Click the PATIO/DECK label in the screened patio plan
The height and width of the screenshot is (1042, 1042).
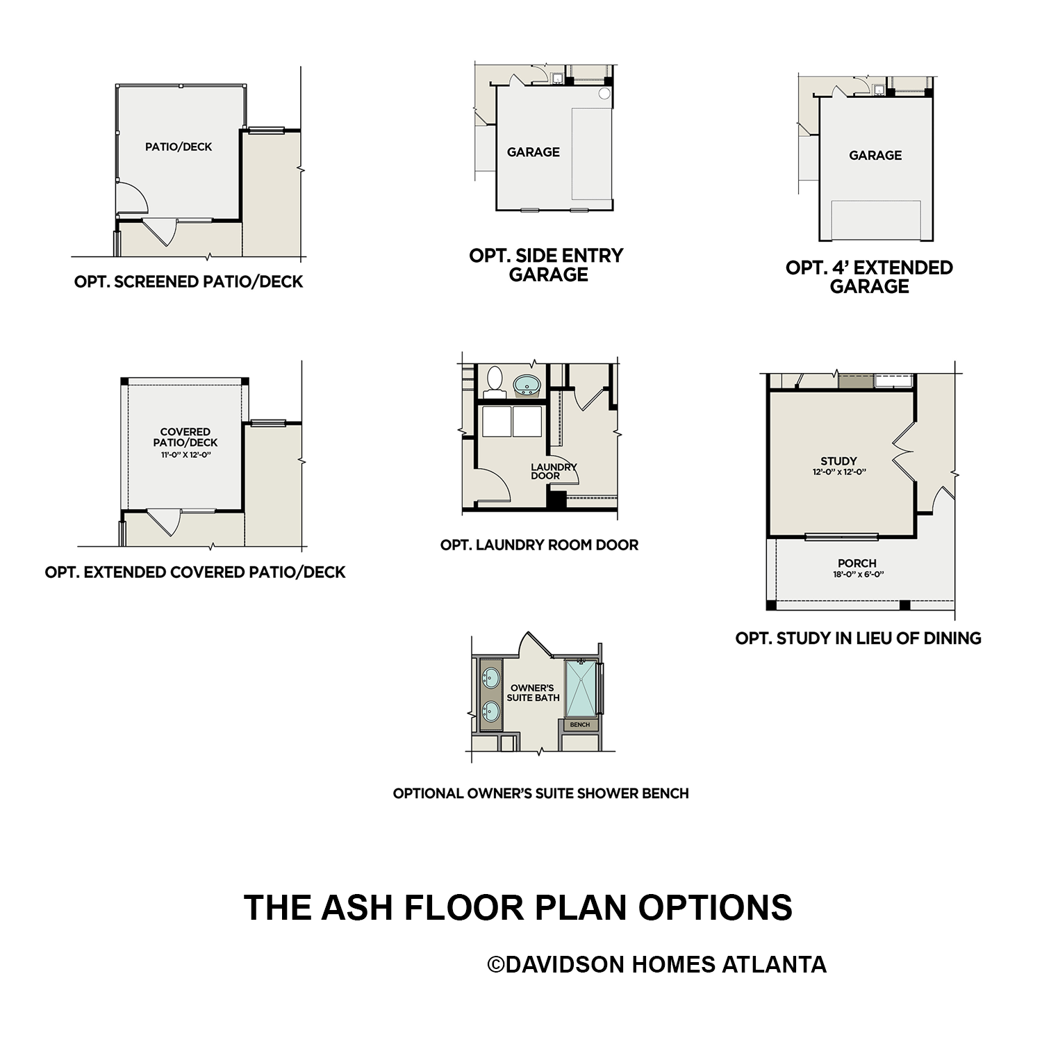coord(179,147)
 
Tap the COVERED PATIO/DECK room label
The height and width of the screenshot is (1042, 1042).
coord(185,437)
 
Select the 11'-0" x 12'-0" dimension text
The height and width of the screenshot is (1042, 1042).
coord(185,455)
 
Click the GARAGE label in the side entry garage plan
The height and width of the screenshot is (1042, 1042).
coord(533,152)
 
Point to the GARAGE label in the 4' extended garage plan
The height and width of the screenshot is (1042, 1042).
coord(875,156)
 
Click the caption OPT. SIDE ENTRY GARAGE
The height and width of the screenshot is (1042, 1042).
coord(547,265)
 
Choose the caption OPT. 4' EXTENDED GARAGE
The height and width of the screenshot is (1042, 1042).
coord(869,277)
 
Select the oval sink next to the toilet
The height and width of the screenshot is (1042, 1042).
coord(527,384)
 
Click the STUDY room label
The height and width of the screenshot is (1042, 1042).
coord(838,461)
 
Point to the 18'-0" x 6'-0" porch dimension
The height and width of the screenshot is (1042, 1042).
coord(858,574)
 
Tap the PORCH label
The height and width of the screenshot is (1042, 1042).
coord(857,563)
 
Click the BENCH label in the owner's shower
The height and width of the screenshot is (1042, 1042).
coord(579,725)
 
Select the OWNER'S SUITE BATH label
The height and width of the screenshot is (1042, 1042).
coord(533,693)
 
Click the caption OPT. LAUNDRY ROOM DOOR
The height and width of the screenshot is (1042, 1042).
coord(539,545)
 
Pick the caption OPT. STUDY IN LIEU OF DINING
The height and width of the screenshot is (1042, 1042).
coord(858,638)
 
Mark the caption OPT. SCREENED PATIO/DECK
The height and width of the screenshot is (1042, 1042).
coord(188,282)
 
